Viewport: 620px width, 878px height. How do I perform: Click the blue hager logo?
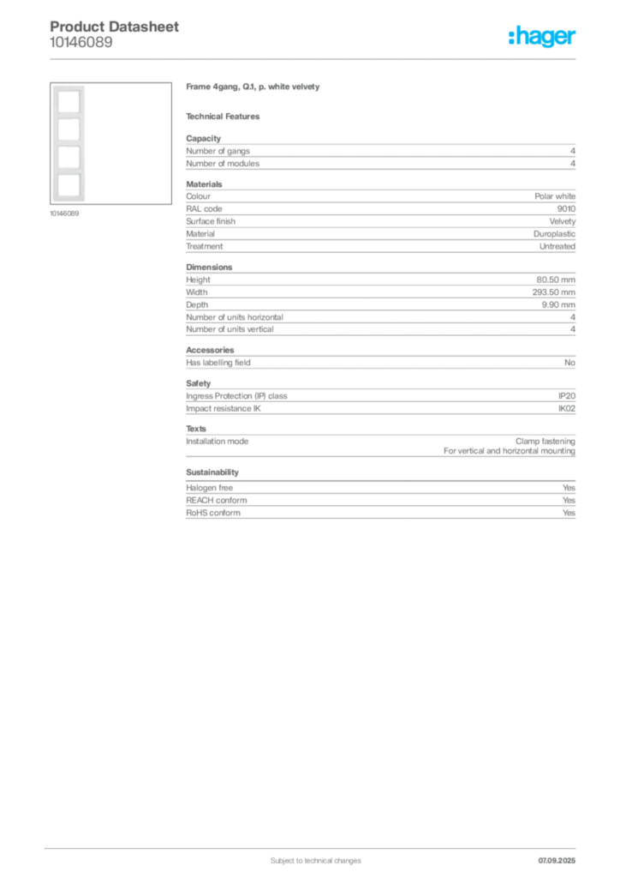(x=543, y=38)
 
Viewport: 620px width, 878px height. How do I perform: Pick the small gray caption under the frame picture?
(x=65, y=213)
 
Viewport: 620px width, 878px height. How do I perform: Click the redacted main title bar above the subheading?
(x=253, y=89)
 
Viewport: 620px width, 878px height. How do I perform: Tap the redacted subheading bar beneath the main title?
(x=225, y=117)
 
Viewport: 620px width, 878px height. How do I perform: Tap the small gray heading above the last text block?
(x=212, y=472)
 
